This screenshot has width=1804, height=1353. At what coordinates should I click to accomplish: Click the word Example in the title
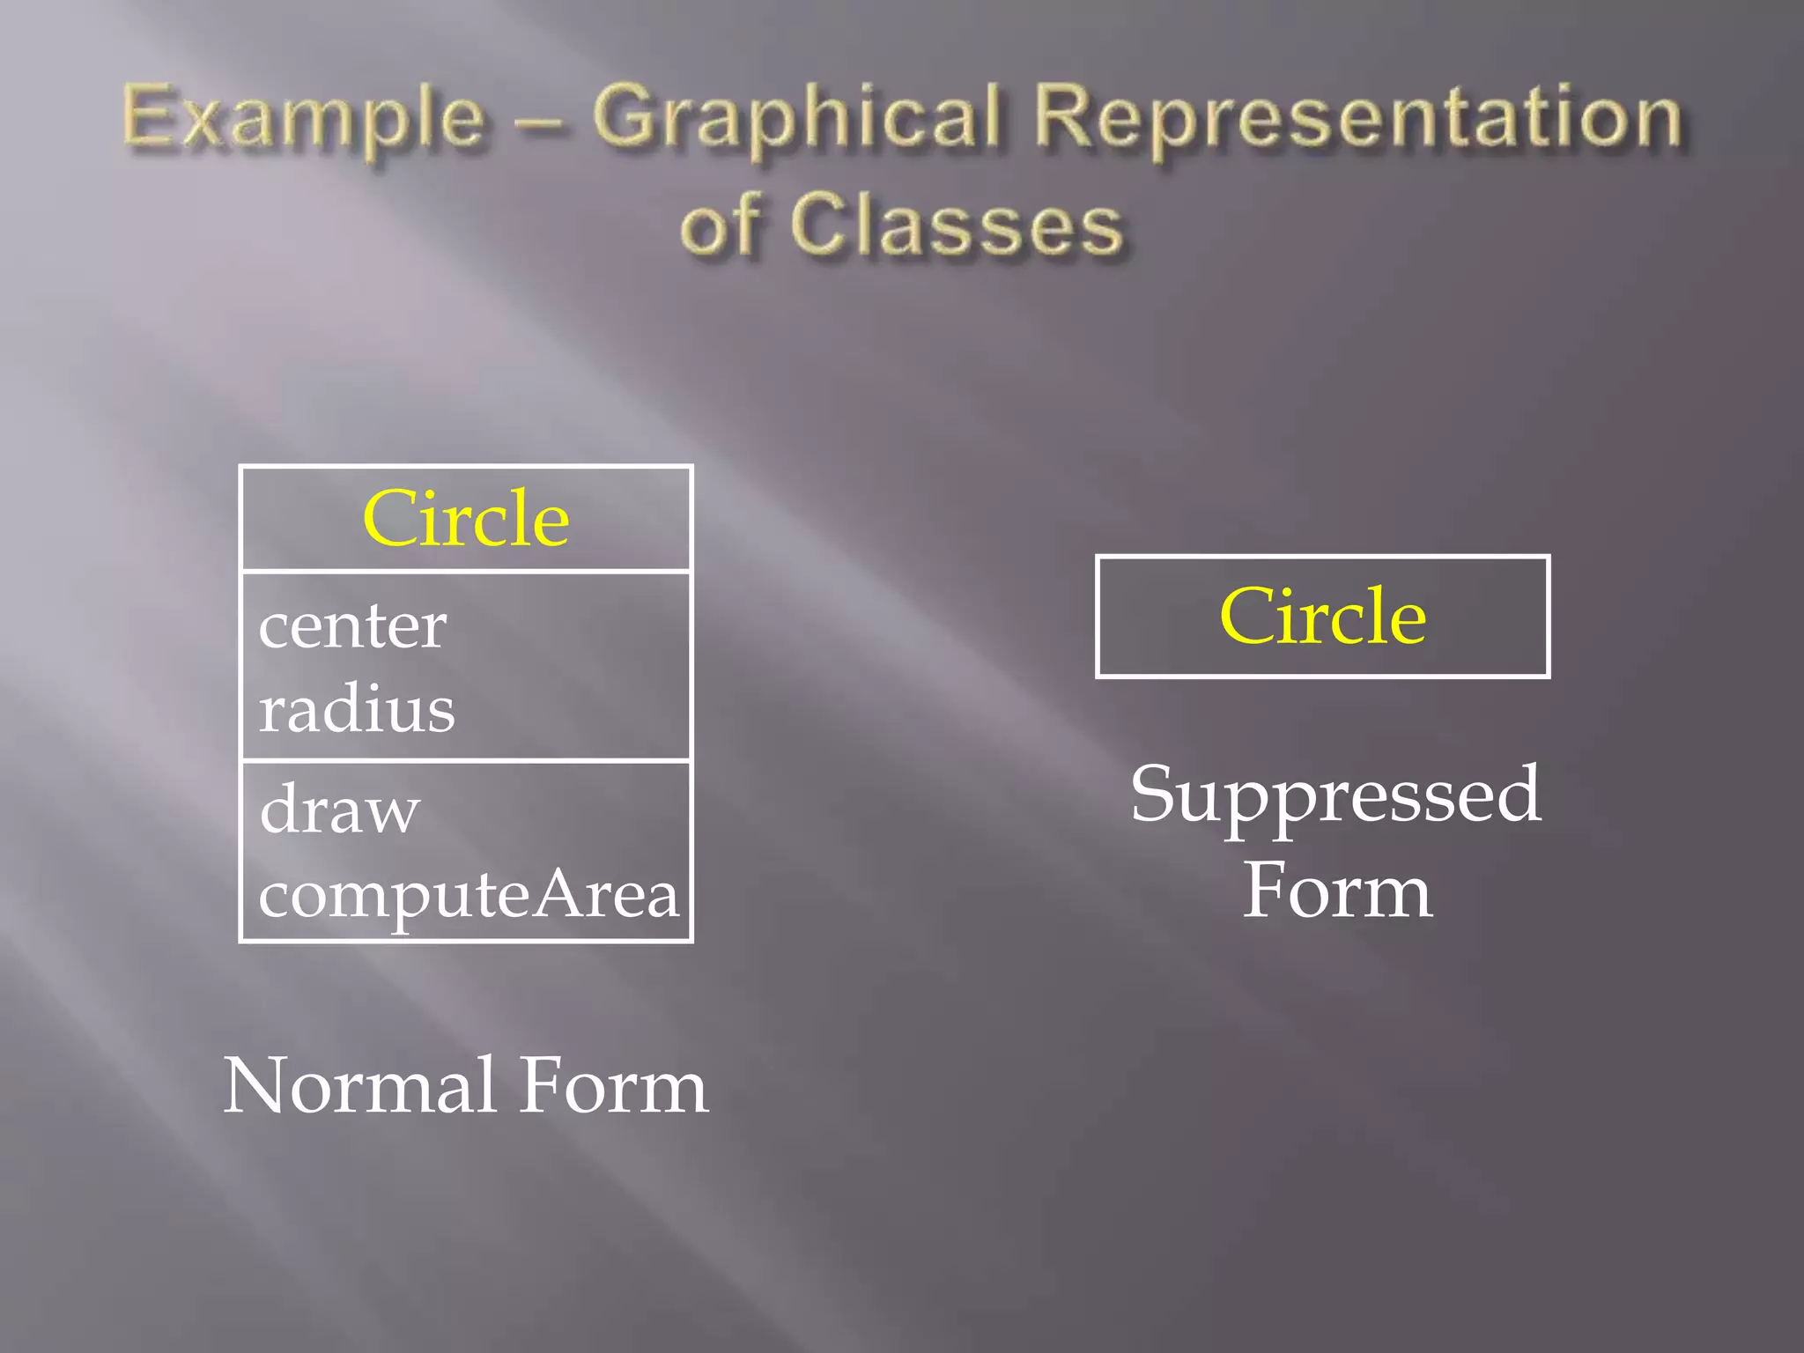(304, 119)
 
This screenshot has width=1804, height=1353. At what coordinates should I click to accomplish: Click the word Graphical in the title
(797, 119)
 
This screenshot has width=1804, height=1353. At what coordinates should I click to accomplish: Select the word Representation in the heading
(1357, 119)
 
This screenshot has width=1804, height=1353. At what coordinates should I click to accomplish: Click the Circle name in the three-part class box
(466, 520)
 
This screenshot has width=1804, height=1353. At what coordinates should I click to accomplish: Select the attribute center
(352, 627)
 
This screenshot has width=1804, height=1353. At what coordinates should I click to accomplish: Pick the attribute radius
(357, 709)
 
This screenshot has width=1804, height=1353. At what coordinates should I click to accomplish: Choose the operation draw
(339, 810)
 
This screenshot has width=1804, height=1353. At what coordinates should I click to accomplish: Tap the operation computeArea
(468, 895)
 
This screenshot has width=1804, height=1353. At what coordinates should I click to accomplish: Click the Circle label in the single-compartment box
(1322, 617)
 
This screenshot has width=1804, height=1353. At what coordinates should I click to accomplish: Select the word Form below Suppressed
(1337, 891)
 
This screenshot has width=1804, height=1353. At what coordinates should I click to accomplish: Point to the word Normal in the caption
(359, 1086)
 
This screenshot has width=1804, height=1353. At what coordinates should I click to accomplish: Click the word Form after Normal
(613, 1086)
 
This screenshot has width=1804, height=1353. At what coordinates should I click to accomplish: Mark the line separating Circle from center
(466, 571)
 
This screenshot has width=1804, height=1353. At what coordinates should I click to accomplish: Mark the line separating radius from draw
(466, 759)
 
